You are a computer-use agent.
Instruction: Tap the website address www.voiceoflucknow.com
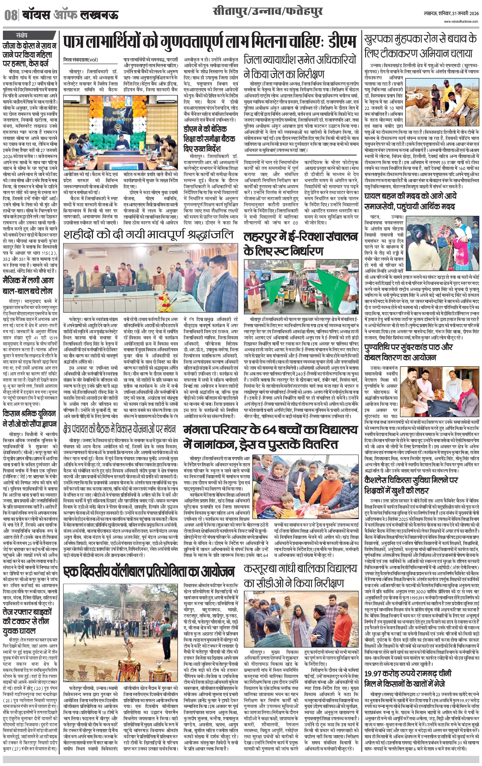coord(461,21)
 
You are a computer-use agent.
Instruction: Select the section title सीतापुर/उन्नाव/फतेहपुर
coord(268,12)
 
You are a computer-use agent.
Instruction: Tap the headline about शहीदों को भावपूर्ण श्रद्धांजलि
coord(148,234)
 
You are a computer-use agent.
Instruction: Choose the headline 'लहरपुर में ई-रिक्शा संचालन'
coord(301,237)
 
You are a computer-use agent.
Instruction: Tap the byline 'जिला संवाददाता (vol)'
coord(81,59)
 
